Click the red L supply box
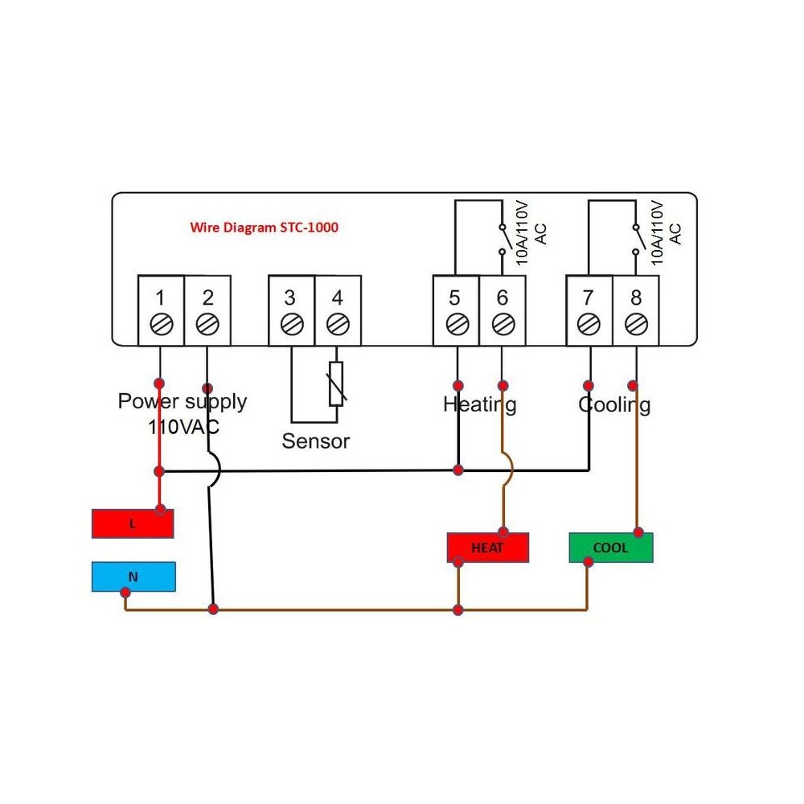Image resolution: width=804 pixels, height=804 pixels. (133, 524)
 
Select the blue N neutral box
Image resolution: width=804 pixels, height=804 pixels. (133, 576)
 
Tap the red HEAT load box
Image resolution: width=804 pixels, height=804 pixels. (487, 548)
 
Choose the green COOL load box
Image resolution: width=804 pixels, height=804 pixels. (610, 548)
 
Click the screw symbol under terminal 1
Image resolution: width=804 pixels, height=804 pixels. (161, 325)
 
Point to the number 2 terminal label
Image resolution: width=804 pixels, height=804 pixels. (208, 297)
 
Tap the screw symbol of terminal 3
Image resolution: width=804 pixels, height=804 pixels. (291, 325)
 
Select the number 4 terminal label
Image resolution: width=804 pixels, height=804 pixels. (338, 297)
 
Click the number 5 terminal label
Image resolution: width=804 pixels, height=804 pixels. (456, 297)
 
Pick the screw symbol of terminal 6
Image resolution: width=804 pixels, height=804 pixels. (503, 325)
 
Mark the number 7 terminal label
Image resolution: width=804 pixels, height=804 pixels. (589, 297)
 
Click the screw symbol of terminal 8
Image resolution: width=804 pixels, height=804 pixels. (636, 325)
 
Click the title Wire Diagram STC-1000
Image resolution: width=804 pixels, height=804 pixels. (264, 228)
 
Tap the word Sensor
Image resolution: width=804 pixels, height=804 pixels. (316, 441)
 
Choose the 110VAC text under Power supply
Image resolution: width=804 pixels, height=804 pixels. (183, 427)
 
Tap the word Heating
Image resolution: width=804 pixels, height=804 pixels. (480, 404)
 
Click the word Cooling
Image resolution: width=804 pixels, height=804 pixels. (614, 404)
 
